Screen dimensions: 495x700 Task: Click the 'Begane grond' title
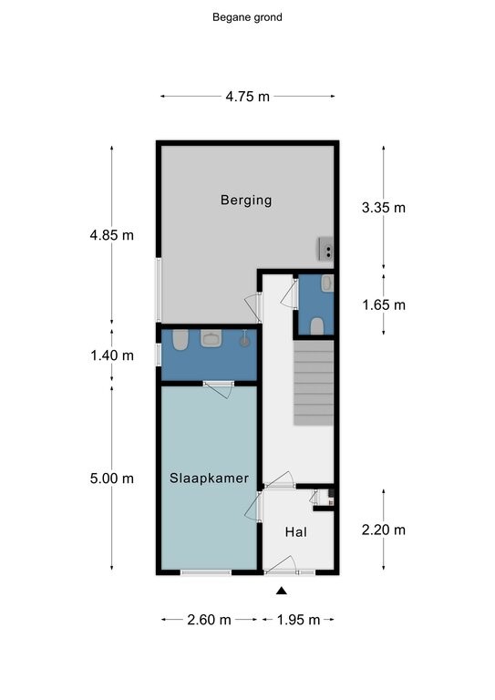(247, 17)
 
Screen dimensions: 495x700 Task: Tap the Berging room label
(246, 200)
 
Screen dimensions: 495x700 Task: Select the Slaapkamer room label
(209, 479)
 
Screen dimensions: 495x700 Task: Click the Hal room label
(296, 531)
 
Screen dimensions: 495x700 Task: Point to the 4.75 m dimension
(248, 97)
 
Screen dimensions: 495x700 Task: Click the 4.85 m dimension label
(111, 235)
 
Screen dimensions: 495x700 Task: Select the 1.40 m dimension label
(112, 355)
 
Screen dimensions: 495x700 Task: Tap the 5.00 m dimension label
(111, 479)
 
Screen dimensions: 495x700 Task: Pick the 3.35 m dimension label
(384, 208)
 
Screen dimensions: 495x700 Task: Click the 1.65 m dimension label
(384, 305)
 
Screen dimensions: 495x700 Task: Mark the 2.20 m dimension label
(384, 530)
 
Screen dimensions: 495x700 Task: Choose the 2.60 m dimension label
(209, 620)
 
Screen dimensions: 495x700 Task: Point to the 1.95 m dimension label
(299, 620)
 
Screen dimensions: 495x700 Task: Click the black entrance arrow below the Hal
(281, 591)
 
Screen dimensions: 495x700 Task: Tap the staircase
(314, 383)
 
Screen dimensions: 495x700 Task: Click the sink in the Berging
(325, 249)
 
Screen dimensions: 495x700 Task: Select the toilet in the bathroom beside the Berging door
(180, 340)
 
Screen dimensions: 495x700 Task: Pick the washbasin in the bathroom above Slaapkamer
(211, 338)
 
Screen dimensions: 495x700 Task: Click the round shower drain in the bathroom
(244, 342)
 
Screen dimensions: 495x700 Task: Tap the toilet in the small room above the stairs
(317, 326)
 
